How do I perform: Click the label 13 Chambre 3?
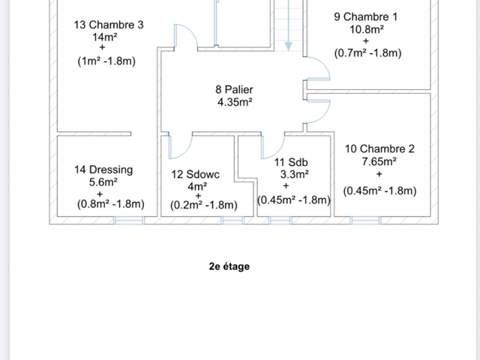(x=109, y=25)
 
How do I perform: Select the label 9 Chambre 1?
(x=366, y=16)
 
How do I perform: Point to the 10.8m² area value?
(x=367, y=29)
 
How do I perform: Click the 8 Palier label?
(x=234, y=90)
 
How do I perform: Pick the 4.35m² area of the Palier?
(x=235, y=102)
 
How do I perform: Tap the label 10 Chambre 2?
(x=379, y=148)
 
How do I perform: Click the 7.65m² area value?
(x=379, y=161)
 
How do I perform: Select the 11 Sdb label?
(x=291, y=162)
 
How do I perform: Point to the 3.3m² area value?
(x=294, y=175)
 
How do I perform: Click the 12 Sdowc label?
(x=195, y=175)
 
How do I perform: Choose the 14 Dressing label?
(x=103, y=170)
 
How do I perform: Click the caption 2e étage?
(x=229, y=266)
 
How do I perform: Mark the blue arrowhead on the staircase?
(x=288, y=46)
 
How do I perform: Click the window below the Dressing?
(x=129, y=220)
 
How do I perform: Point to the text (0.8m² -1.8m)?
(x=110, y=204)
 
